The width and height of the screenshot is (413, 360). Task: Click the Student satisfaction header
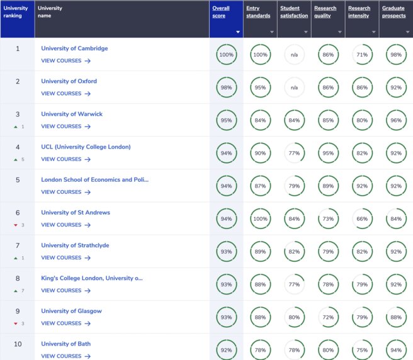click(x=294, y=12)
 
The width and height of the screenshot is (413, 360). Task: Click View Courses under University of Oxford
click(x=65, y=94)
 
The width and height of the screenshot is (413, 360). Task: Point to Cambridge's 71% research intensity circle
click(x=362, y=55)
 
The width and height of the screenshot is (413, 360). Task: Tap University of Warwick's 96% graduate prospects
click(x=396, y=120)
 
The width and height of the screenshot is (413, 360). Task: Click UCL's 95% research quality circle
click(x=328, y=153)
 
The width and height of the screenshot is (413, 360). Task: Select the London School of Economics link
click(x=95, y=179)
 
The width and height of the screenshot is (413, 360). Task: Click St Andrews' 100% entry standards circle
click(x=260, y=218)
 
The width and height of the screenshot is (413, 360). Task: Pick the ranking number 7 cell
click(x=18, y=245)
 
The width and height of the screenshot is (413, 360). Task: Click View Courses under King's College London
click(x=65, y=291)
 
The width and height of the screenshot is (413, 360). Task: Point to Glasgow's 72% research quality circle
click(x=328, y=317)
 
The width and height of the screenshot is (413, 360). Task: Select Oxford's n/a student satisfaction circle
click(x=294, y=87)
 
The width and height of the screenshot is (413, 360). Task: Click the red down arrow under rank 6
click(x=15, y=225)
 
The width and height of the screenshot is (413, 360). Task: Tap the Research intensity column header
click(x=359, y=12)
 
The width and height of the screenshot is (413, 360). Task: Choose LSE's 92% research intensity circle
click(x=362, y=186)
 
